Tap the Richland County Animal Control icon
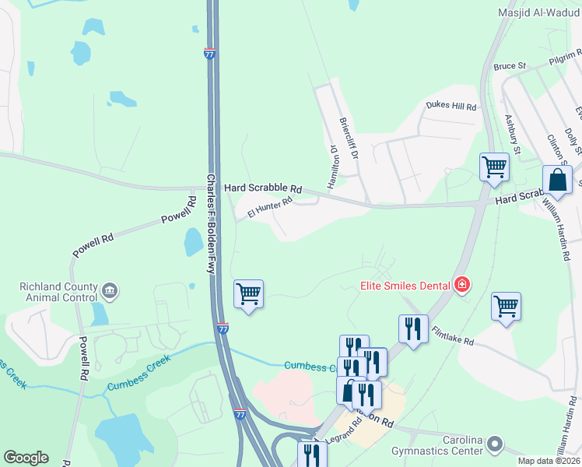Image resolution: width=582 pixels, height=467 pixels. (x=109, y=291)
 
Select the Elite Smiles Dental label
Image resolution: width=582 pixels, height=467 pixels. (x=405, y=286)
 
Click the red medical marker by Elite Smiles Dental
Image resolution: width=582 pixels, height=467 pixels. (x=462, y=285)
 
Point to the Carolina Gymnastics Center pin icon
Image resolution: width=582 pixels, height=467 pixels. (x=496, y=446)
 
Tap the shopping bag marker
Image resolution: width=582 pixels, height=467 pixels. (x=559, y=180)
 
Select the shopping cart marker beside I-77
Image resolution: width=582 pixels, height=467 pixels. (x=249, y=294)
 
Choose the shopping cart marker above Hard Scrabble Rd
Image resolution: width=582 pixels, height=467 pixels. (x=494, y=167)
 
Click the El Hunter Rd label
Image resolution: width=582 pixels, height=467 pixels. (x=269, y=206)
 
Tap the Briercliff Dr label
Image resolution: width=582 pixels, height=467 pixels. (x=348, y=139)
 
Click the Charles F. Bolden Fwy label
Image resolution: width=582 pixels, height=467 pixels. (x=210, y=222)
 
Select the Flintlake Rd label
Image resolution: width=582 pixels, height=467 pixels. (x=453, y=335)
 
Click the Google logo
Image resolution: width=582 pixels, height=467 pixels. (x=26, y=458)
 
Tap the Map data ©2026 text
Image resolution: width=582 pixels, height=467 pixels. (x=549, y=461)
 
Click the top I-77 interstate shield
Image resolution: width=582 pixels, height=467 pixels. (x=210, y=54)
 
